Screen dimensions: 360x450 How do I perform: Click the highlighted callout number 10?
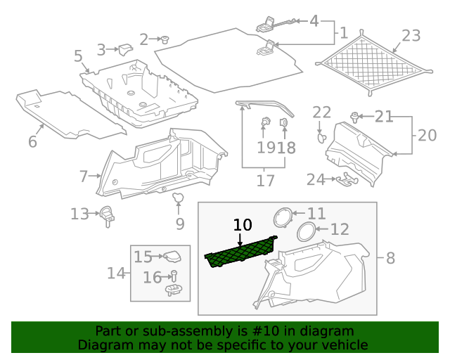(x=243, y=225)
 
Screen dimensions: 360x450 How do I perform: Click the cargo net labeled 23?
(x=373, y=63)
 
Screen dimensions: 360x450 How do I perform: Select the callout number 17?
(x=265, y=181)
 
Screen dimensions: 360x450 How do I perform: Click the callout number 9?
(x=180, y=224)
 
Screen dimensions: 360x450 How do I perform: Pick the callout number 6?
(x=32, y=142)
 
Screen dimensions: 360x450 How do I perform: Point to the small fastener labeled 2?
(x=166, y=39)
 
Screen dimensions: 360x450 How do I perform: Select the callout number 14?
(x=117, y=273)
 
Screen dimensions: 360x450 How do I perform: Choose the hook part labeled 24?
(x=345, y=181)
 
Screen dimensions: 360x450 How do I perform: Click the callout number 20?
(x=427, y=135)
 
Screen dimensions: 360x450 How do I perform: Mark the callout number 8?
(x=391, y=258)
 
